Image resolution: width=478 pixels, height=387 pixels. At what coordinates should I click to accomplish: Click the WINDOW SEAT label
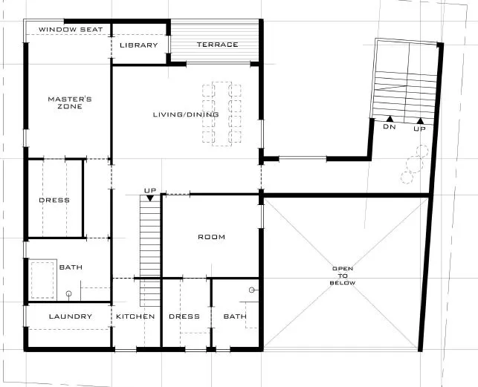pyautogui.click(x=71, y=30)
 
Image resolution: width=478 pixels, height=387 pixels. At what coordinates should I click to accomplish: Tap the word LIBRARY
pyautogui.click(x=139, y=45)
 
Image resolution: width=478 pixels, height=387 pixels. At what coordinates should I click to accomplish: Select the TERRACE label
pyautogui.click(x=217, y=45)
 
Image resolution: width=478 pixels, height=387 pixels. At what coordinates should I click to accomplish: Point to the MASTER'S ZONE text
pyautogui.click(x=70, y=103)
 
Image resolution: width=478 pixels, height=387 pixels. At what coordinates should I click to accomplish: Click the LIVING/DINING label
pyautogui.click(x=186, y=114)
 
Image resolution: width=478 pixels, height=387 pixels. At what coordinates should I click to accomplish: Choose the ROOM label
pyautogui.click(x=212, y=237)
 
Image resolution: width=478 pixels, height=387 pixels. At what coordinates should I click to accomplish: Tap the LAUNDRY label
pyautogui.click(x=71, y=316)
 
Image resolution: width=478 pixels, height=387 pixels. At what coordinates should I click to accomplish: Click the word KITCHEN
pyautogui.click(x=135, y=316)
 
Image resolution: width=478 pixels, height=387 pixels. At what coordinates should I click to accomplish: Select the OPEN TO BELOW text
pyautogui.click(x=343, y=276)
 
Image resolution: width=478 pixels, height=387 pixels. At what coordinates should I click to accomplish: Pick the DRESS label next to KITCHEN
pyautogui.click(x=184, y=316)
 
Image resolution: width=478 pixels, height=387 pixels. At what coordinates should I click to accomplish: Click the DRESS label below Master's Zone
pyautogui.click(x=54, y=201)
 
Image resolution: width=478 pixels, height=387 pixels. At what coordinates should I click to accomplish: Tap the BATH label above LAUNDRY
pyautogui.click(x=71, y=267)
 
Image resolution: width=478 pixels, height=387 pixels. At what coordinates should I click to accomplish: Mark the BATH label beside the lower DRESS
pyautogui.click(x=235, y=316)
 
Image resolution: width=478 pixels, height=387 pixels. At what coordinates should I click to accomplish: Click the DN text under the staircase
pyautogui.click(x=390, y=126)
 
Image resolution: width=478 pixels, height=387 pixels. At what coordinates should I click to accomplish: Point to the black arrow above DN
pyautogui.click(x=390, y=119)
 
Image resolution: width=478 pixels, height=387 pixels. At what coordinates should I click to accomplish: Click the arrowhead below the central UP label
pyautogui.click(x=150, y=198)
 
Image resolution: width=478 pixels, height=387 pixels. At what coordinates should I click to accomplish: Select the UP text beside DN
pyautogui.click(x=419, y=129)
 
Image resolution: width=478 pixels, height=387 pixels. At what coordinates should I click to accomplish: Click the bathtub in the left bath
pyautogui.click(x=42, y=280)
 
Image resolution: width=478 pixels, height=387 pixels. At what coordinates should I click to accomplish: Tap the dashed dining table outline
pyautogui.click(x=222, y=114)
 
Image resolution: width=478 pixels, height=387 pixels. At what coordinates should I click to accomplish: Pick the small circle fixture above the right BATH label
pyautogui.click(x=252, y=290)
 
